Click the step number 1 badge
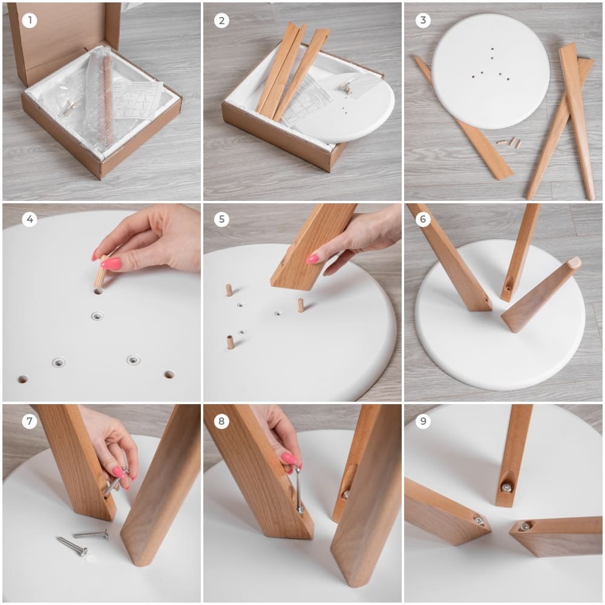pyautogui.click(x=29, y=20)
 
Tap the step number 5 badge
pyautogui.click(x=221, y=219)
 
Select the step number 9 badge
pyautogui.click(x=423, y=420)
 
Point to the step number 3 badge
pyautogui.click(x=423, y=20)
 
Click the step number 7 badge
pyautogui.click(x=29, y=420)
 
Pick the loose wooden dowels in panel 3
pyautogui.click(x=509, y=142)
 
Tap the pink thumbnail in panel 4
pyautogui.click(x=111, y=264)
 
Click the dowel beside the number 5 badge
pyautogui.click(x=229, y=290)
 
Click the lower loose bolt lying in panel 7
pyautogui.click(x=72, y=546)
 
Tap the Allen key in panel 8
pyautogui.click(x=299, y=490)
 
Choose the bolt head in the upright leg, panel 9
pyautogui.click(x=506, y=488)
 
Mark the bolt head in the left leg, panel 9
pyautogui.click(x=479, y=520)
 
